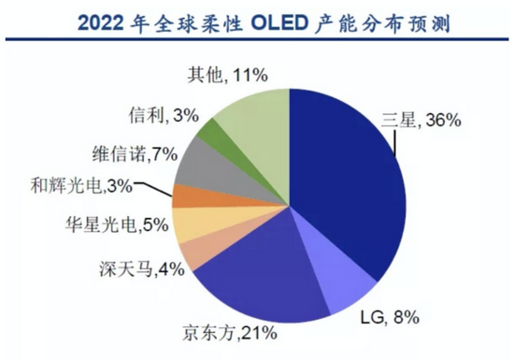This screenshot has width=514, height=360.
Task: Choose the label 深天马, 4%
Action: [x=148, y=272]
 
